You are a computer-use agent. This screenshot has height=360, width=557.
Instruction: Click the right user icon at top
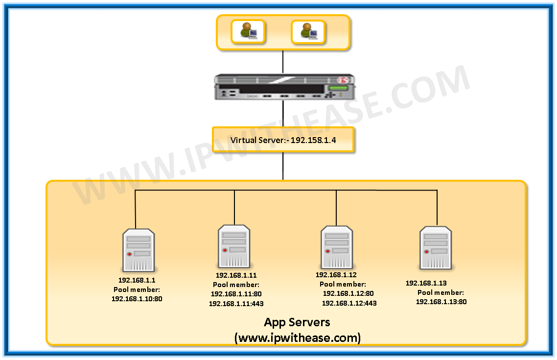(x=308, y=32)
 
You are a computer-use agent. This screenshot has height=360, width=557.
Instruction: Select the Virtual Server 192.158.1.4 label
(x=283, y=140)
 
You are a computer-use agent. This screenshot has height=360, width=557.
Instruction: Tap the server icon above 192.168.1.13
(x=436, y=248)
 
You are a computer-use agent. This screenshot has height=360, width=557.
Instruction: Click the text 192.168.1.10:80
(x=137, y=298)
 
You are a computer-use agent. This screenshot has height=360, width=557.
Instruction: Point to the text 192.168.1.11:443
(x=236, y=304)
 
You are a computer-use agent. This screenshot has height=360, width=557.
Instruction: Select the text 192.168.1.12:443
(x=349, y=303)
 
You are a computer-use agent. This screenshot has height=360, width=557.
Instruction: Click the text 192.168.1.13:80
(x=441, y=302)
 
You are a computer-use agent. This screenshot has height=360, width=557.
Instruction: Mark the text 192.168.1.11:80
(x=236, y=294)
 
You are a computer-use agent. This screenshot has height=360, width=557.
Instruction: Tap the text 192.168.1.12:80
(x=348, y=293)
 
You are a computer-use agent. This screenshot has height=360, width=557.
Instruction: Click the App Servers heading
(x=297, y=322)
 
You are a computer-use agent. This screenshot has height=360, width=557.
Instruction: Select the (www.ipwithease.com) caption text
(x=298, y=337)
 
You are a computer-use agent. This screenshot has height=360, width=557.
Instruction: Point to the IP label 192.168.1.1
(x=137, y=280)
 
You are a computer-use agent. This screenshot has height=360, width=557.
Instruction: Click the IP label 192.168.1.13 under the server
(x=426, y=283)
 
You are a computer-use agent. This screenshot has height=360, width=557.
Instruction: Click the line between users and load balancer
(x=283, y=62)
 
